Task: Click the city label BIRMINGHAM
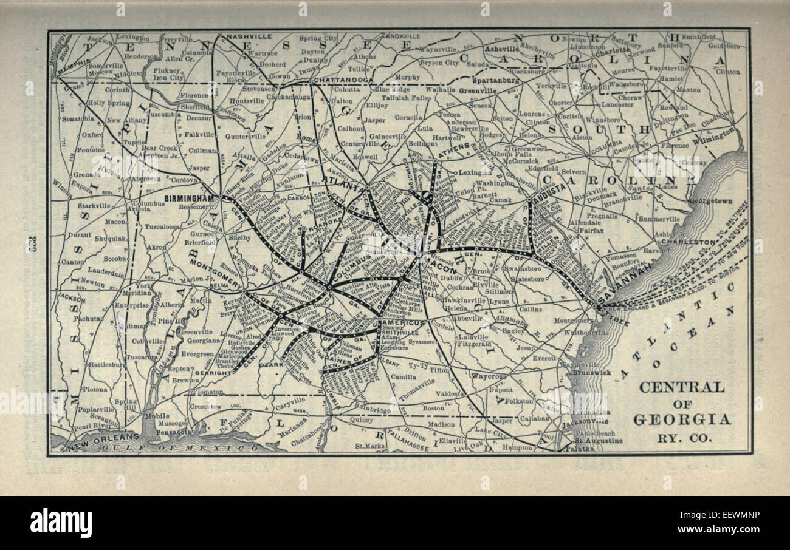pos(189,199)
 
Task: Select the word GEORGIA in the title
pos(682,419)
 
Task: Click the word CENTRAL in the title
pos(682,387)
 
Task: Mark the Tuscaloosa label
pos(162,226)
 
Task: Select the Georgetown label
pos(710,200)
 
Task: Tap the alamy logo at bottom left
pos(61,523)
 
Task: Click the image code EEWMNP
pos(729,515)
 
